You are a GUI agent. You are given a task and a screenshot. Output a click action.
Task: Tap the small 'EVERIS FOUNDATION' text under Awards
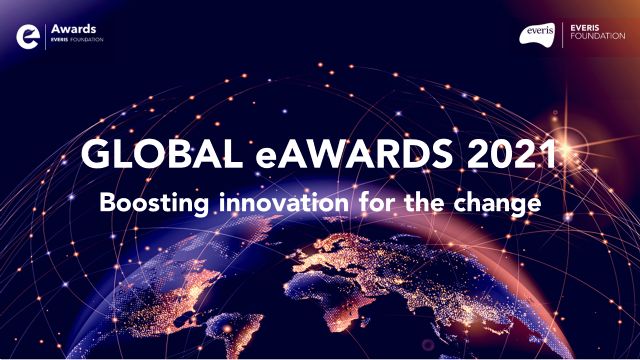coord(81,42)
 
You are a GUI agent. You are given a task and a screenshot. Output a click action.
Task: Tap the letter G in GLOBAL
coord(96,158)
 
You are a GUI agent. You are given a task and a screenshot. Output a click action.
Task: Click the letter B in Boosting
coord(106,203)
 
